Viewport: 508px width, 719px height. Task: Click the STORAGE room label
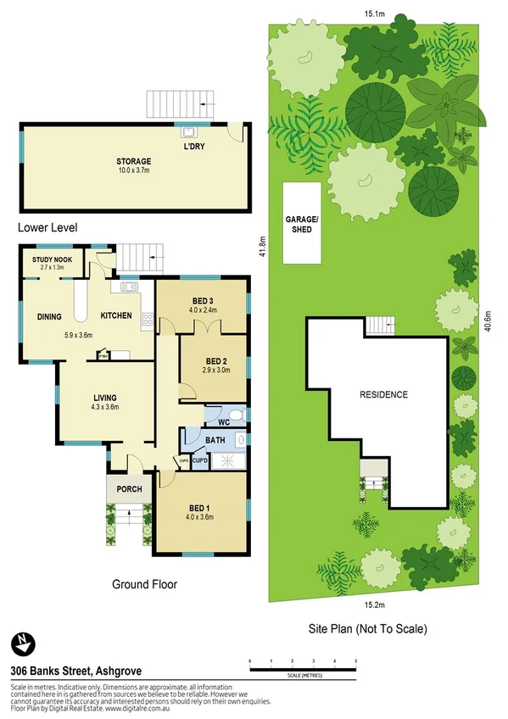134,161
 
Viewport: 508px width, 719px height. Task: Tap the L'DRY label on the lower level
194,147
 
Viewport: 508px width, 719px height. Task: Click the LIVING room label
105,397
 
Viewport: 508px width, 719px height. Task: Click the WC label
223,421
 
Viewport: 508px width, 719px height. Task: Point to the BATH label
215,440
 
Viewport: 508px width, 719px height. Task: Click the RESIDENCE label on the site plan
383,394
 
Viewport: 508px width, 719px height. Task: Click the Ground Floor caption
145,584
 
